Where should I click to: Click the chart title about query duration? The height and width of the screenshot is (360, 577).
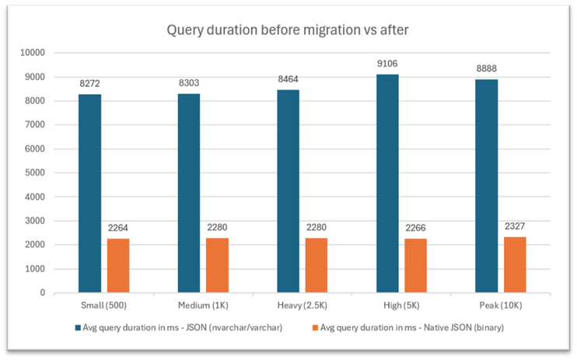tap(288, 31)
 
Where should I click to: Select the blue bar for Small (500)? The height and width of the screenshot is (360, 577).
tap(89, 194)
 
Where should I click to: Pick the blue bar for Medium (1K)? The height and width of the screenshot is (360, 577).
tap(189, 194)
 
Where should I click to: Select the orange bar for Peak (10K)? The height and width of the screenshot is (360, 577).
tap(515, 265)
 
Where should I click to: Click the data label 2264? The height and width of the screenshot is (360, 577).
tap(117, 230)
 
